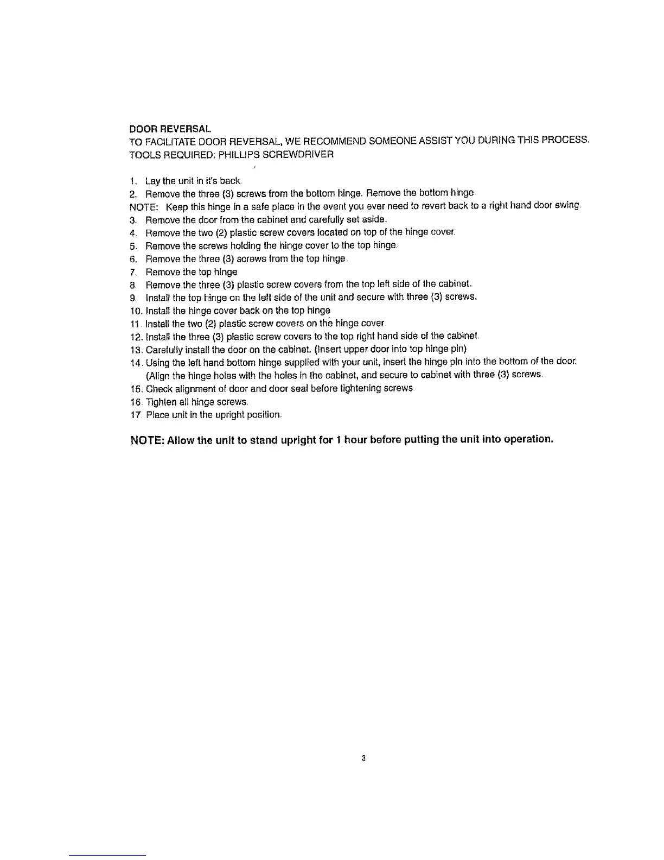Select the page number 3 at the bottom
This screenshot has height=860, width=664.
[x=364, y=758]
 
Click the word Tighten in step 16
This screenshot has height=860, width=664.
[x=158, y=402]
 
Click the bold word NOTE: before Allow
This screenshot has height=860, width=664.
[x=147, y=440]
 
